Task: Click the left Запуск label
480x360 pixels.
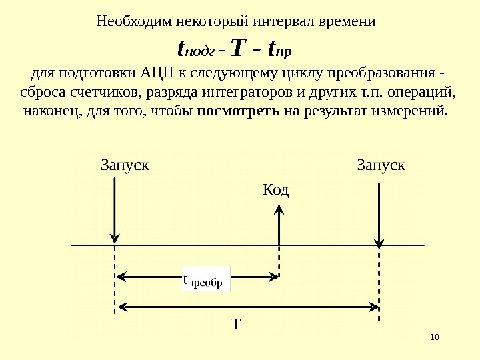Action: pyautogui.click(x=124, y=164)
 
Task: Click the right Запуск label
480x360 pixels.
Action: pyautogui.click(x=381, y=164)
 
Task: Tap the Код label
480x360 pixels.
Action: pyautogui.click(x=276, y=191)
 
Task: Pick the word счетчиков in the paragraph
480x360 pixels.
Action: pyautogui.click(x=107, y=91)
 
